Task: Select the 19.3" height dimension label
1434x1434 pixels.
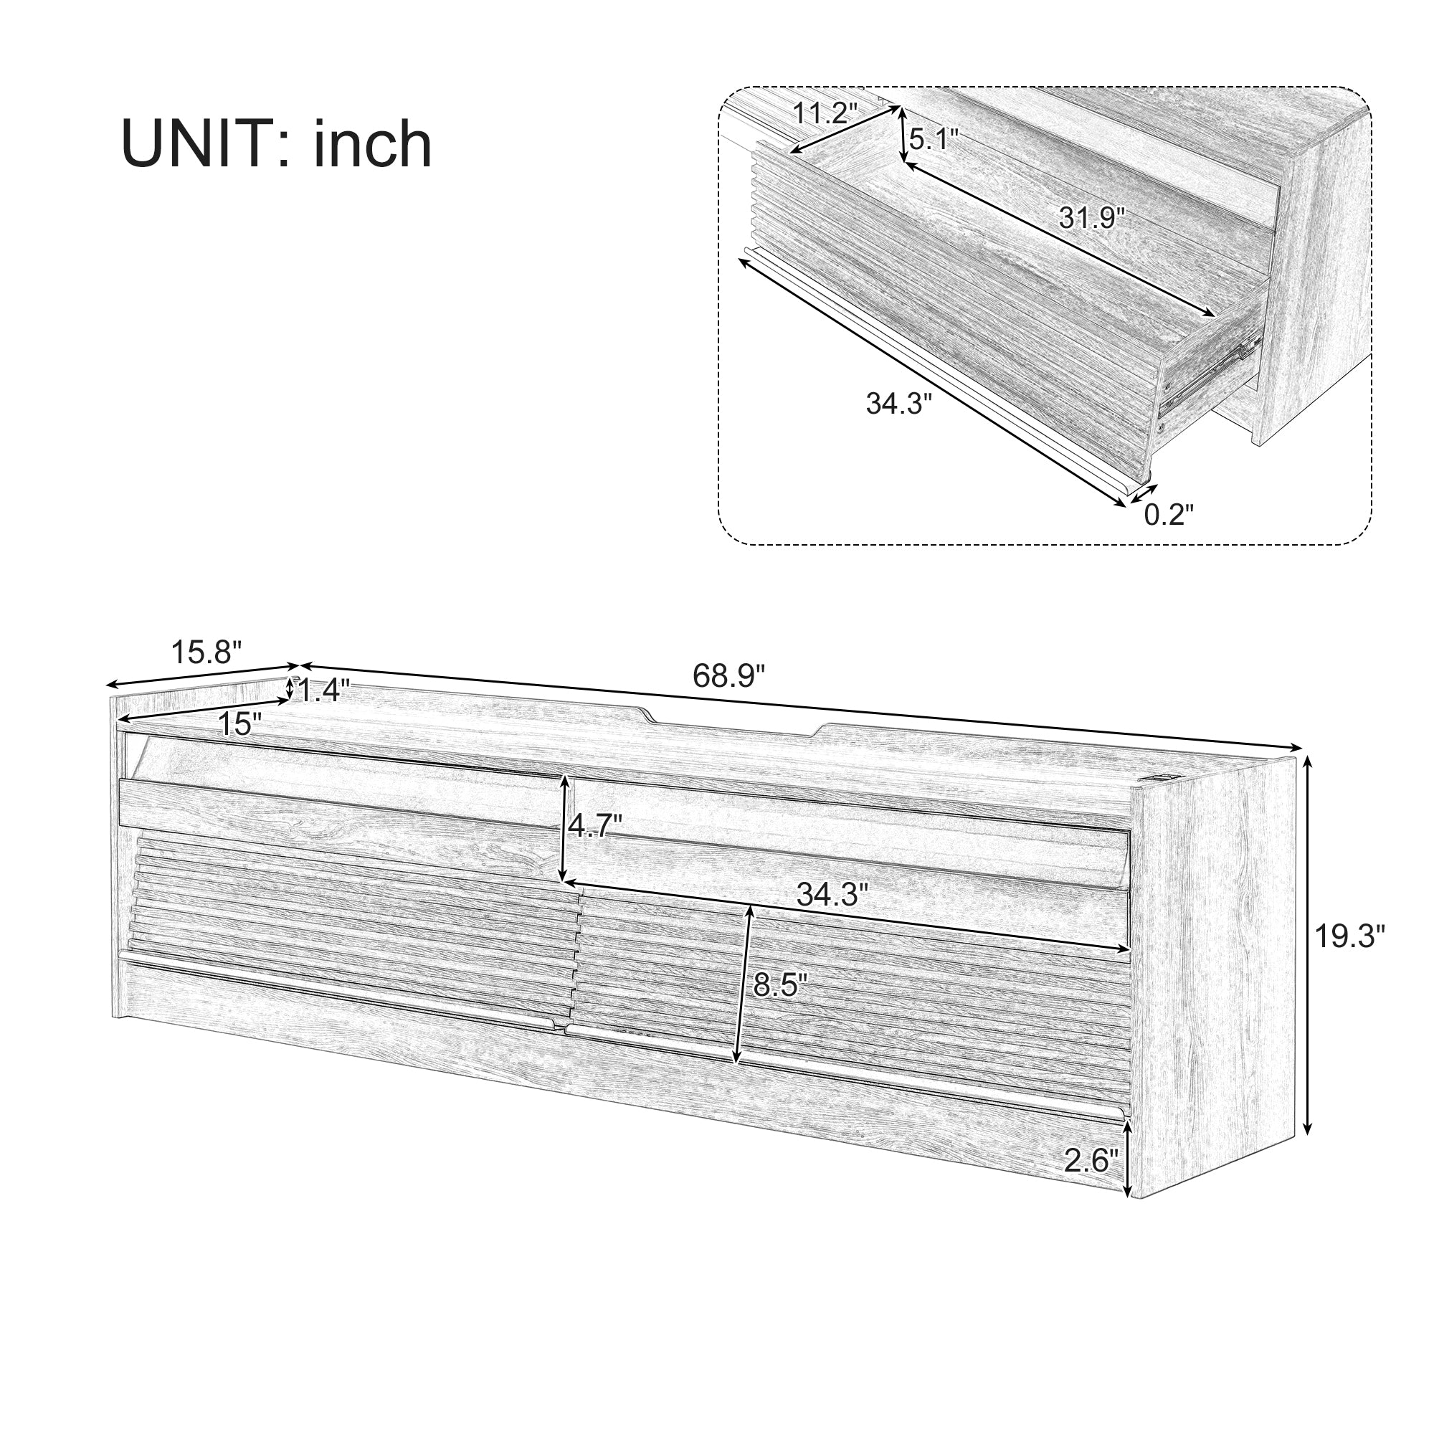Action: pos(1350,936)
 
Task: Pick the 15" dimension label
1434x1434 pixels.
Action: pos(239,723)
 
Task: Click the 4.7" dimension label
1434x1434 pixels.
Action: pos(594,825)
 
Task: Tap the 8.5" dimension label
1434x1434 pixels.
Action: pos(779,985)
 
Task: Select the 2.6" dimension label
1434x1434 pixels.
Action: pos(1091,1160)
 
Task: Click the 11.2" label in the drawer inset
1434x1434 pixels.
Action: pos(825,113)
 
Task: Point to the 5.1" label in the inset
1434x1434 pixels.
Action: pos(934,139)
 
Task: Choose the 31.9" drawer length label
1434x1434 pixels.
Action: pos(1092,217)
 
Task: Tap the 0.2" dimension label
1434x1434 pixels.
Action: pos(1169,514)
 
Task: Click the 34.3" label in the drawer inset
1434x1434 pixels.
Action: pos(898,404)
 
